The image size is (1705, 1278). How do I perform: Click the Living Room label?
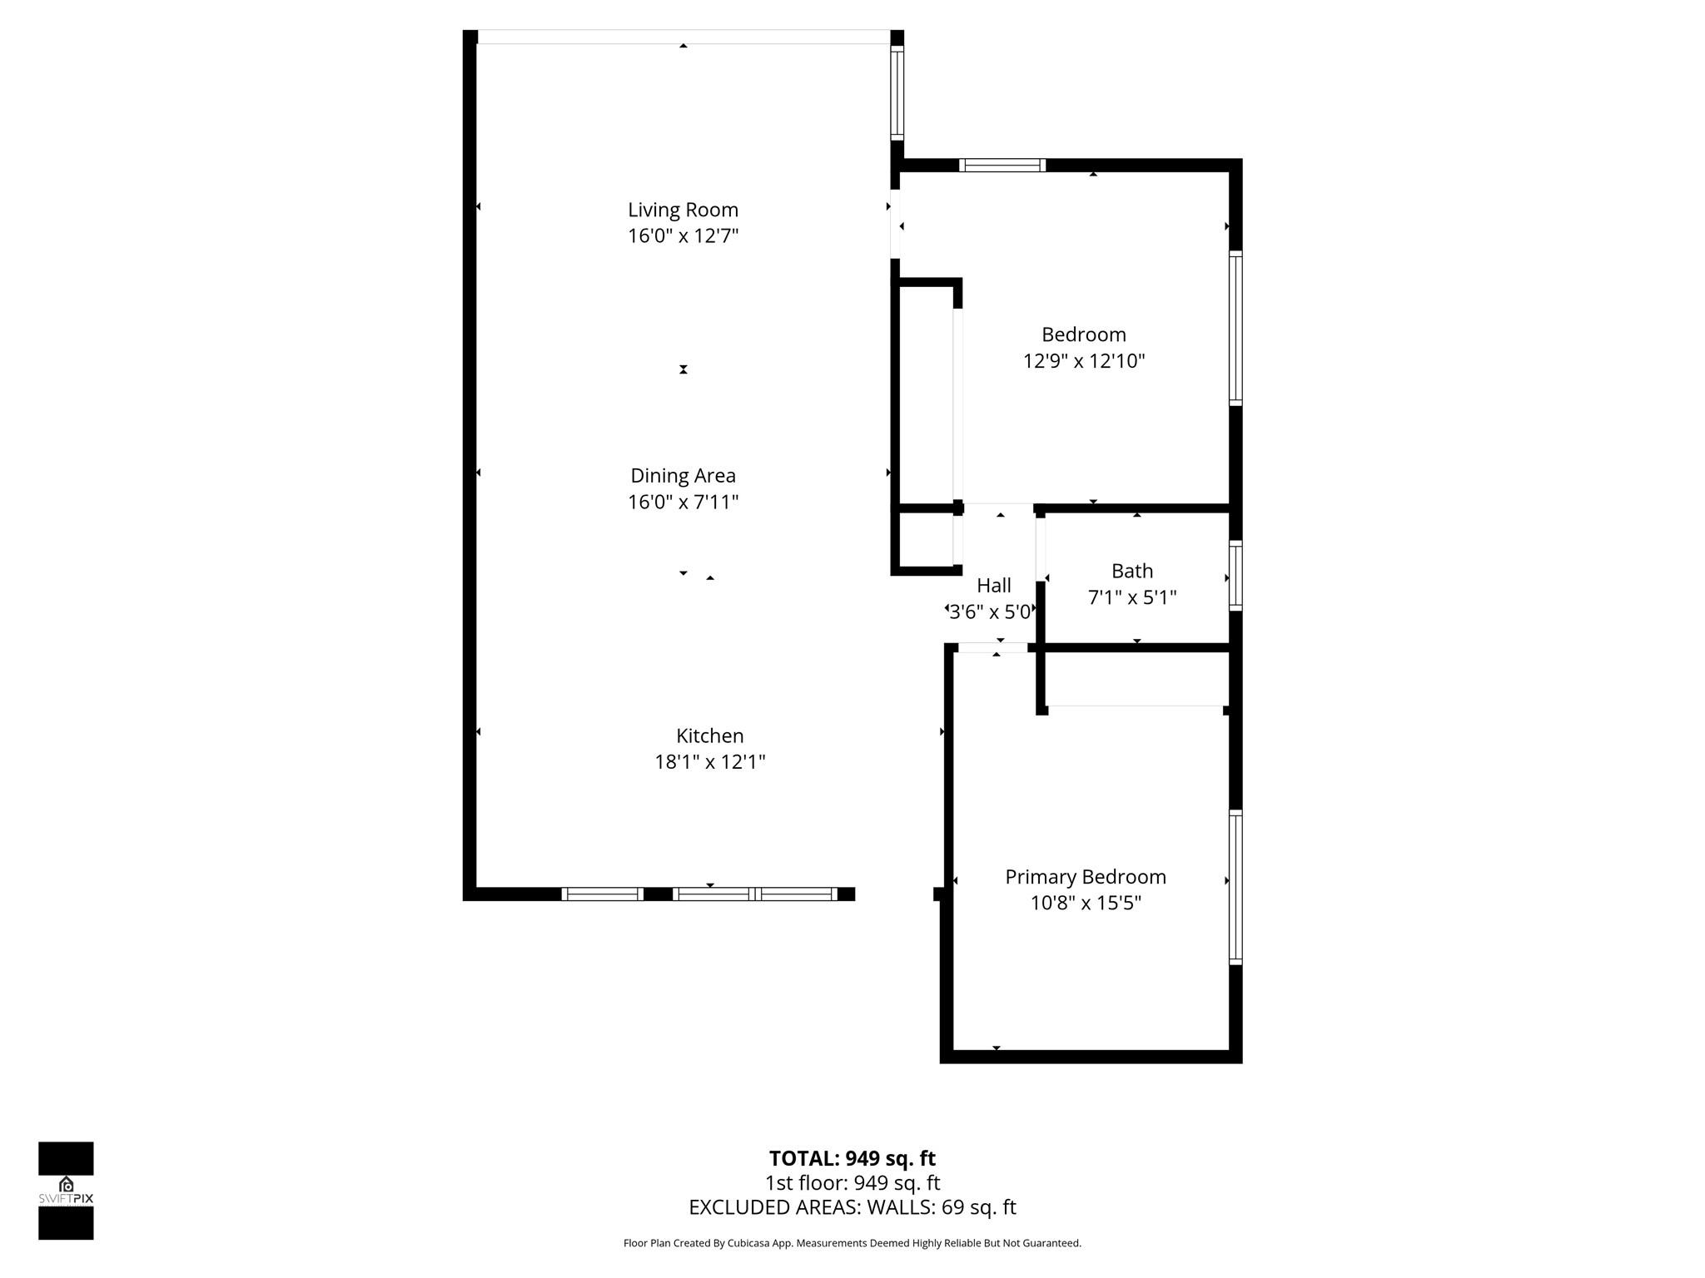pos(683,210)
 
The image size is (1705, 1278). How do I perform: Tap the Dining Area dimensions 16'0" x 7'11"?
pos(683,502)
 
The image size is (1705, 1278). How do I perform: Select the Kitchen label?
pos(709,736)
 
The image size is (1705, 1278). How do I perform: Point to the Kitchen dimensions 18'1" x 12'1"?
pos(709,761)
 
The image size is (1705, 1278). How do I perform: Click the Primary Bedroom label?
pos(1086,877)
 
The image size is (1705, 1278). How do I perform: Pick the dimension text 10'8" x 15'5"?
pos(1086,903)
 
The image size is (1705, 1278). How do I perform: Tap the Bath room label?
pos(1132,571)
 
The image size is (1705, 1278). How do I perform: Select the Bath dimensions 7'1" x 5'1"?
pos(1132,597)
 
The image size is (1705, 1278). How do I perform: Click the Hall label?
pos(994,585)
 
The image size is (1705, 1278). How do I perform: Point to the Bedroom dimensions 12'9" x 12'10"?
pos(1084,360)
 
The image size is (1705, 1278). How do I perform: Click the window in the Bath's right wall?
pos(1236,576)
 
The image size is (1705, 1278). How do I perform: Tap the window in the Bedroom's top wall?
pos(1002,165)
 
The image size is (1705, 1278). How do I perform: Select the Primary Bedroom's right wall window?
pos(1236,887)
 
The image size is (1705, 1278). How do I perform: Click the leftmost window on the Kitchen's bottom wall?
pos(602,894)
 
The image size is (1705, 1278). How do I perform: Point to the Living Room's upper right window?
pos(897,92)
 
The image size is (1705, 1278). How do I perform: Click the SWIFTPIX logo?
pos(66,1191)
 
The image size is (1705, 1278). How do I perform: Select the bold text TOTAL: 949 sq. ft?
pos(852,1158)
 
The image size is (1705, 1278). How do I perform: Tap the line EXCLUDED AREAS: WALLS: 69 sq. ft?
pos(852,1206)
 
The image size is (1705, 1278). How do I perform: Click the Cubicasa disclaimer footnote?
pos(852,1243)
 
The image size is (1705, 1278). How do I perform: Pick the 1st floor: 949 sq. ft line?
pos(852,1182)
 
